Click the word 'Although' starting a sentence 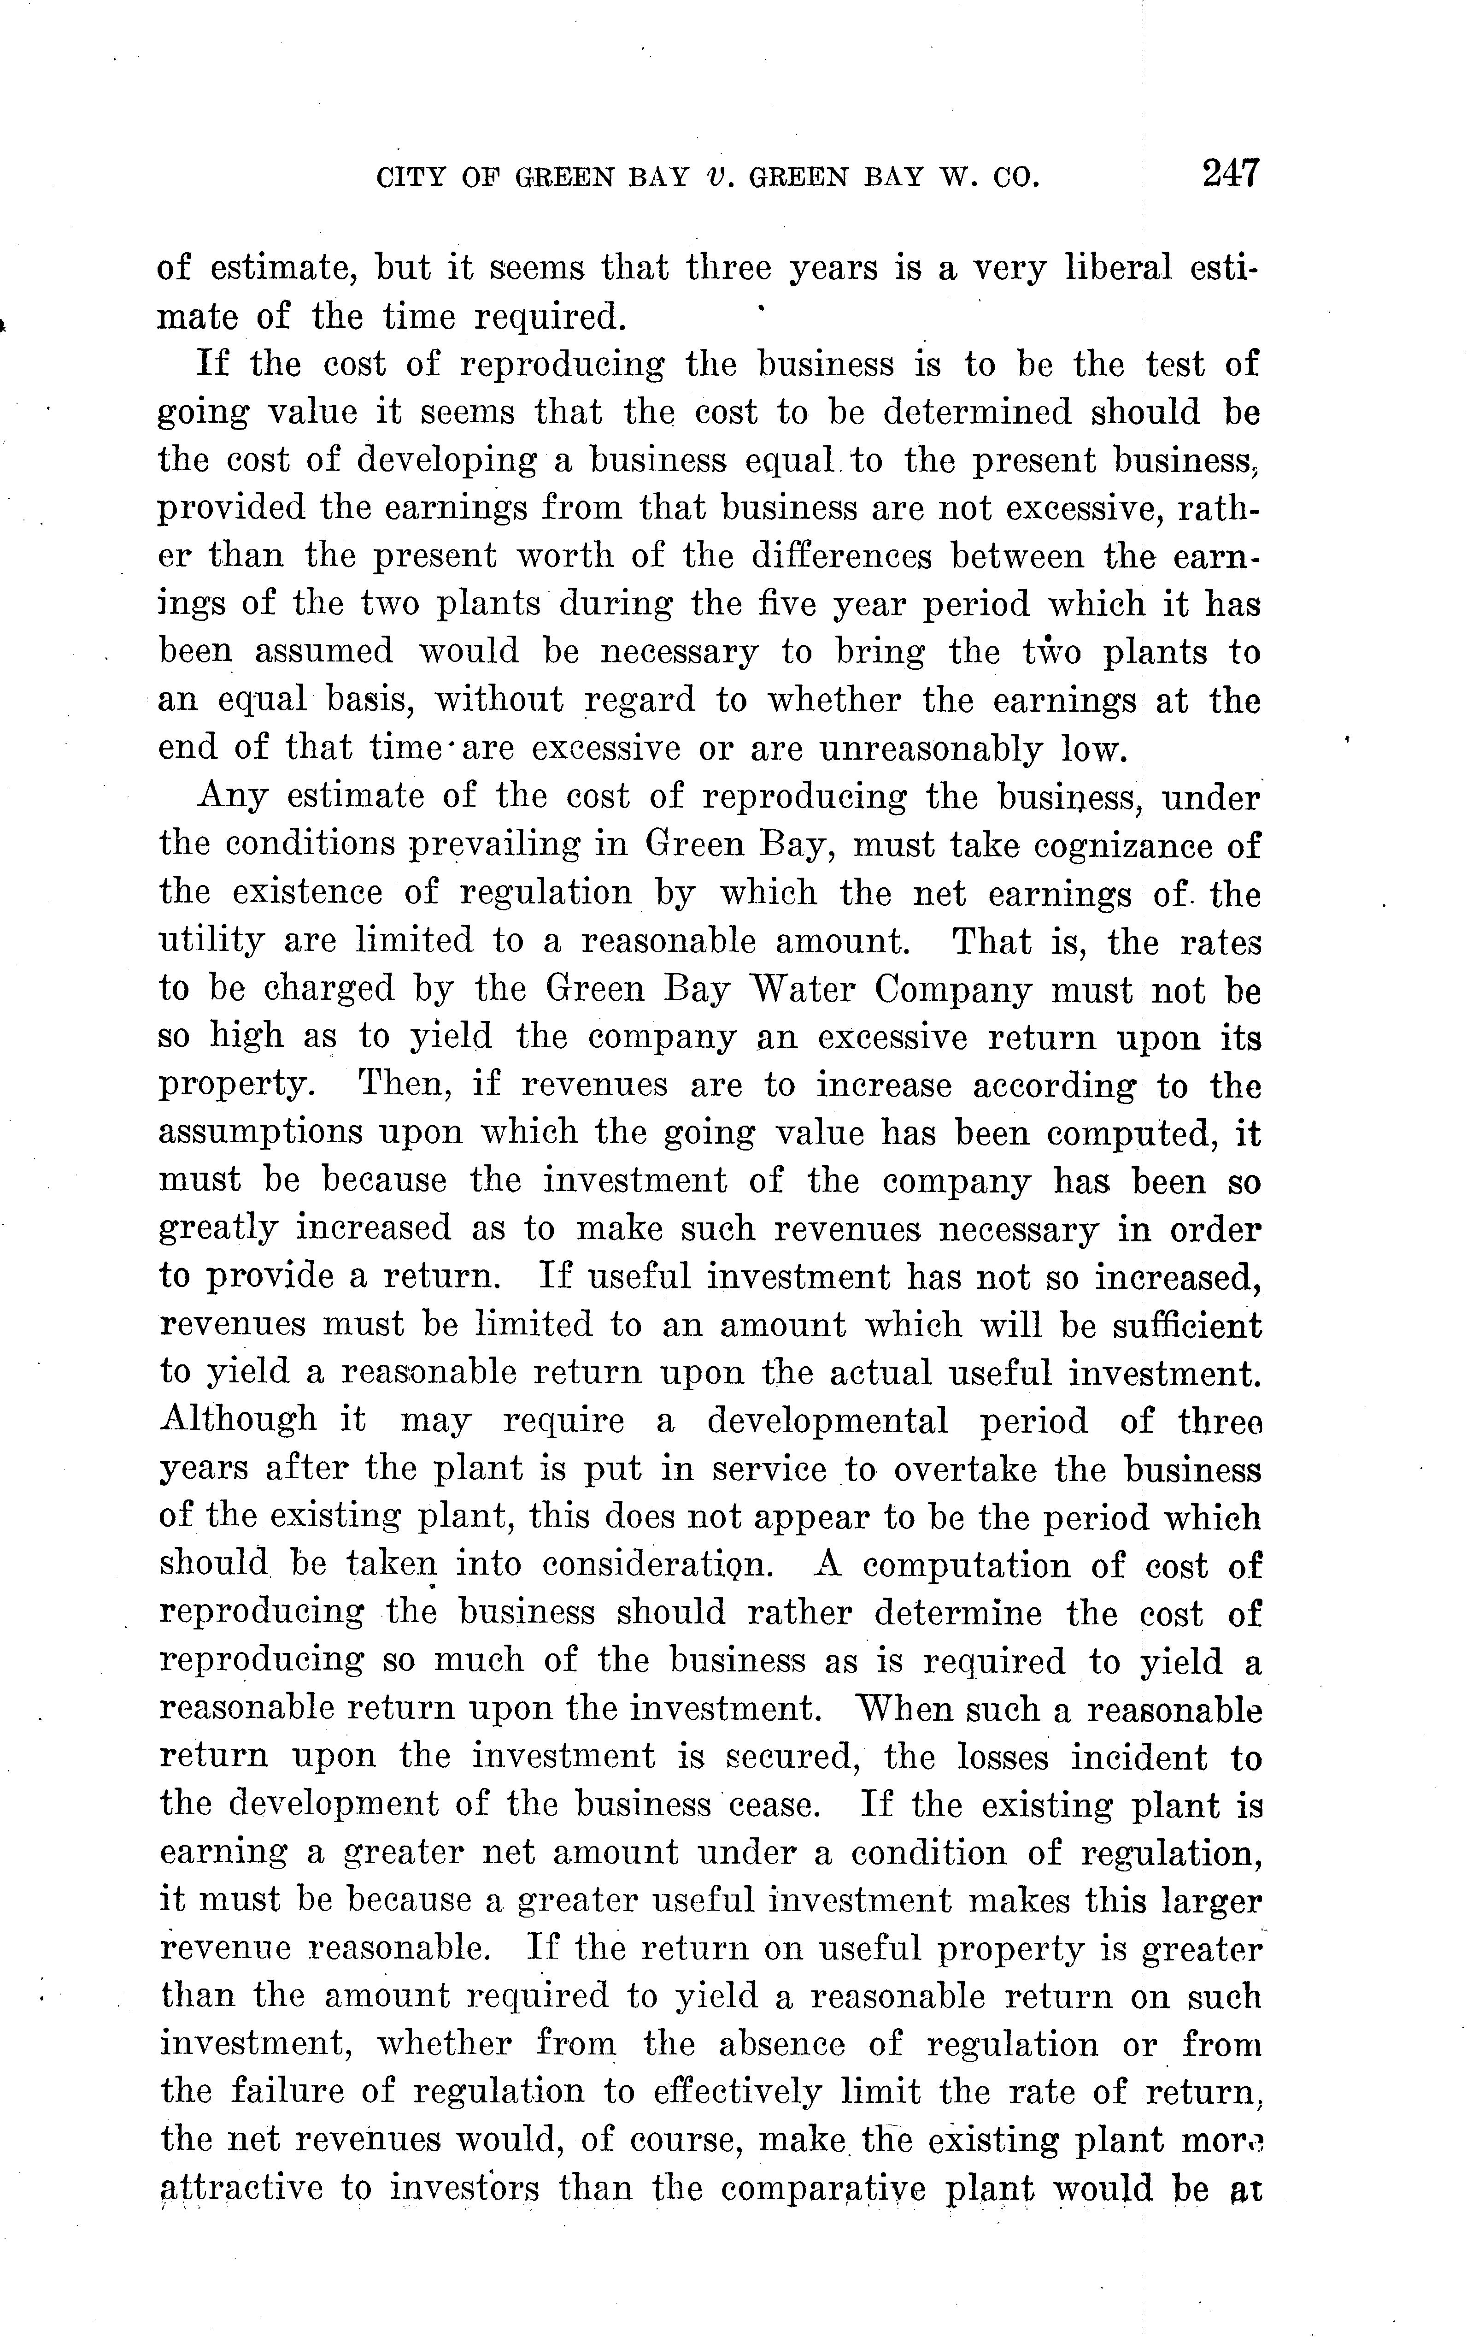[x=238, y=1420]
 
